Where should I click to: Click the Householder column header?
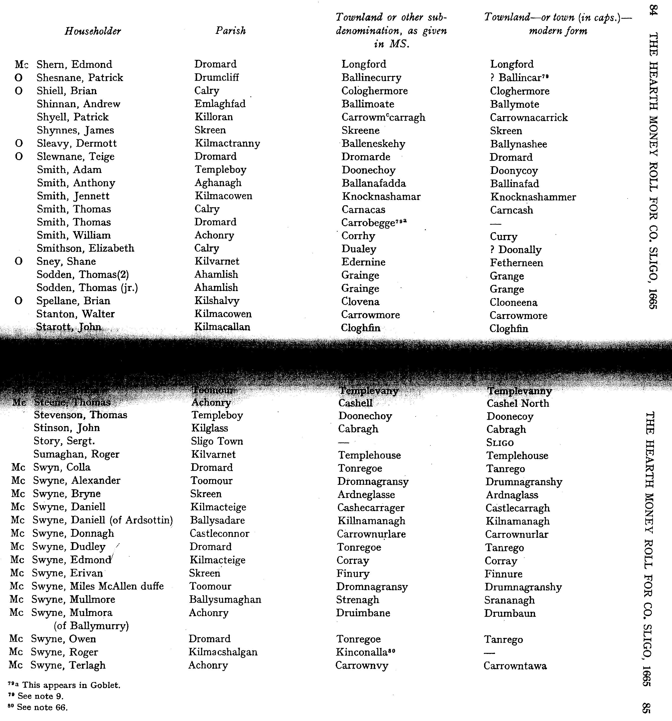click(93, 31)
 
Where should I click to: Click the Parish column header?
click(230, 30)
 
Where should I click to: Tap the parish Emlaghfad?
click(220, 104)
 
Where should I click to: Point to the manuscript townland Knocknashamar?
click(381, 197)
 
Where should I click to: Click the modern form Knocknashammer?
click(533, 197)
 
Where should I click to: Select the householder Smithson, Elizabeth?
click(85, 248)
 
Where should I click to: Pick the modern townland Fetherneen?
click(516, 263)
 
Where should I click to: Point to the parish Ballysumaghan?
click(225, 600)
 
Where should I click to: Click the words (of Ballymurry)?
click(91, 626)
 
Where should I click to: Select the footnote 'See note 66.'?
click(42, 707)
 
